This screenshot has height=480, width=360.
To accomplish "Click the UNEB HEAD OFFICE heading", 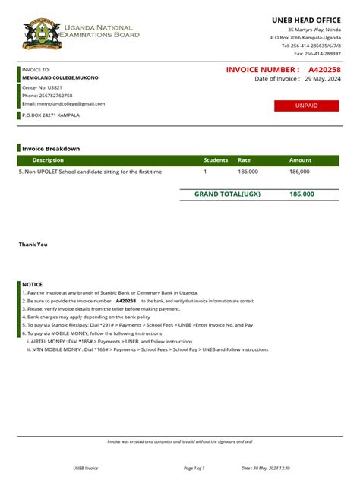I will point(306,19).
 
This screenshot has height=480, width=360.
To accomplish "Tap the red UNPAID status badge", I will point(306,106).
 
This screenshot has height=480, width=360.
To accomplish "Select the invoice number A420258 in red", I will point(324,70).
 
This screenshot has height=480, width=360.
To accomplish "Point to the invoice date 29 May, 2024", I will point(322,79).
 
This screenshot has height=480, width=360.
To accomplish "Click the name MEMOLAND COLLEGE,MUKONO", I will point(60,77).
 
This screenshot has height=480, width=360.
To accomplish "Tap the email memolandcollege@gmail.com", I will point(64,103).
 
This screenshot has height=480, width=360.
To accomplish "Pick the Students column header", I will point(216,160).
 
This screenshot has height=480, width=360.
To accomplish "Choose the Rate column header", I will point(244,160).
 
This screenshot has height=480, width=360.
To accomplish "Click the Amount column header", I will point(300,160).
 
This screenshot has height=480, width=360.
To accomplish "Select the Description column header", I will point(48,160).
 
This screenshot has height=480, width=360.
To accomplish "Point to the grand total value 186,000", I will point(302,194).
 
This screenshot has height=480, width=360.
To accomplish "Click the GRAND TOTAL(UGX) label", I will point(227,194).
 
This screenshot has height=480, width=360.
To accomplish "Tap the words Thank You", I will point(33,245).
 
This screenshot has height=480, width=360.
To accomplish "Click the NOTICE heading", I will point(33,284).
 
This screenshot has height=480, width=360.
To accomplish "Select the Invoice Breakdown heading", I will point(51,149).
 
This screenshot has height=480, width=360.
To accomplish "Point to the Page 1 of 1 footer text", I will point(195,468).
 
